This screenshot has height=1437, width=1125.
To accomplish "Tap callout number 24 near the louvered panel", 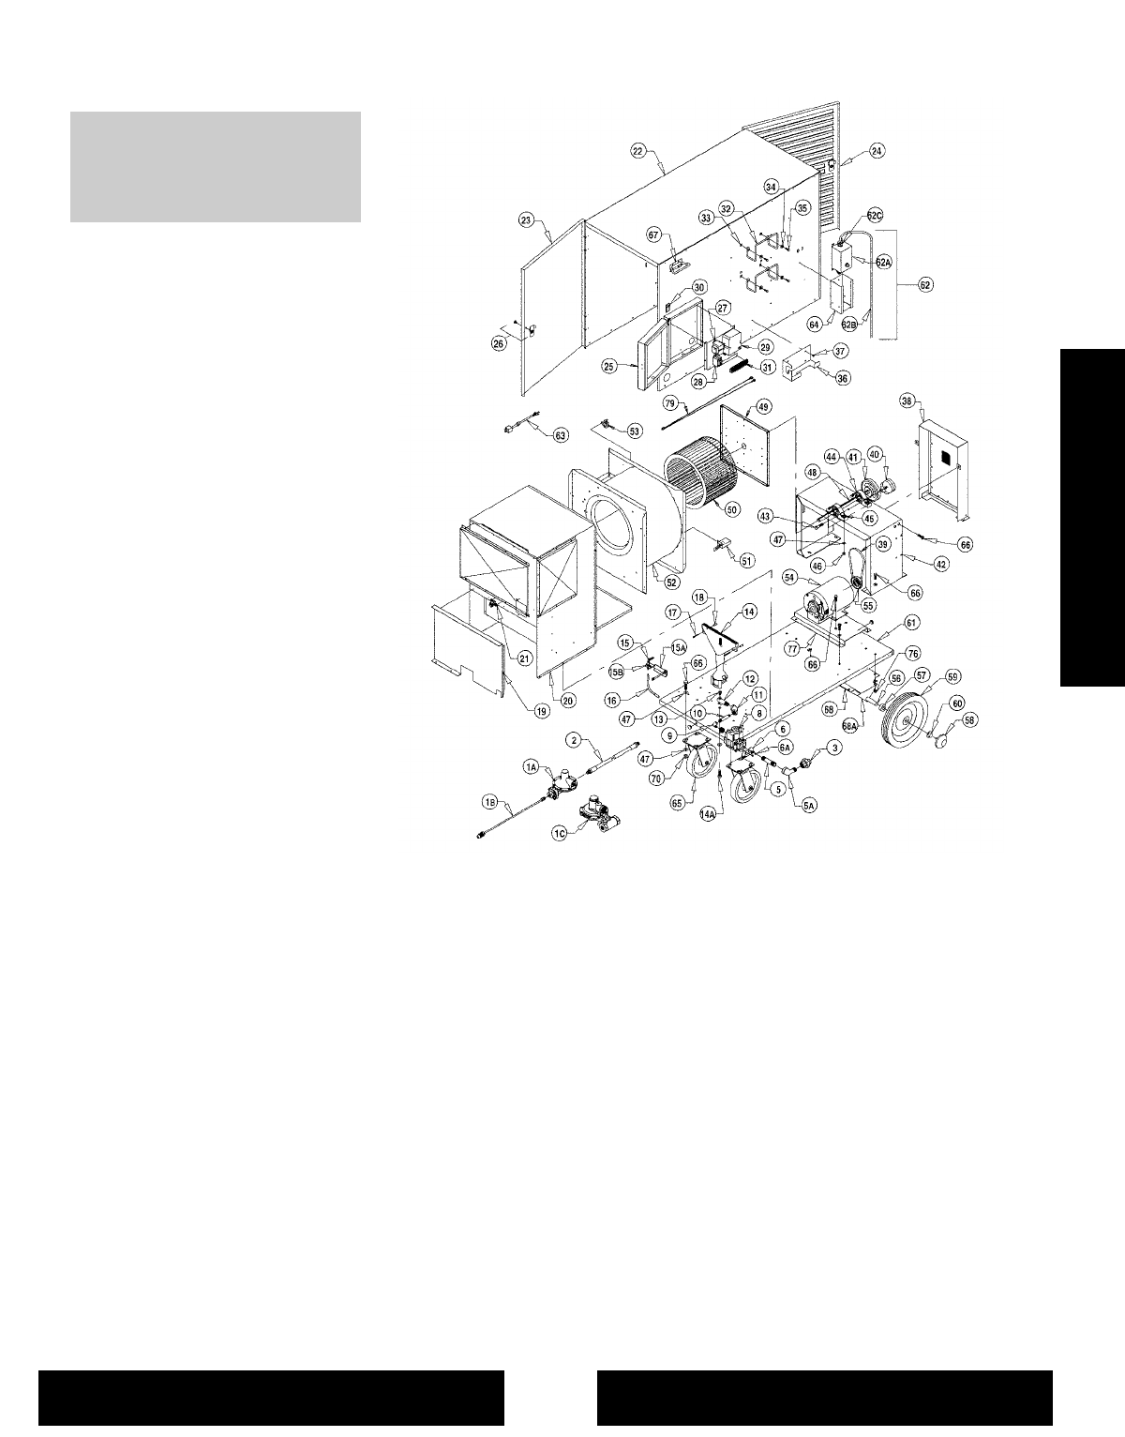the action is [877, 150].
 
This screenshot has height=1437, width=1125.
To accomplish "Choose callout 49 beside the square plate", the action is [764, 406].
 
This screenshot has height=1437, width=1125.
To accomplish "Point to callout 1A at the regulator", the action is [531, 766].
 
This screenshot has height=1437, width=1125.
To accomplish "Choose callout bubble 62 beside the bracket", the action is [925, 284].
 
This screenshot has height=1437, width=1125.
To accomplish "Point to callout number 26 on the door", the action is [500, 343].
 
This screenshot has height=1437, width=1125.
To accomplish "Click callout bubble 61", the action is [911, 622].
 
